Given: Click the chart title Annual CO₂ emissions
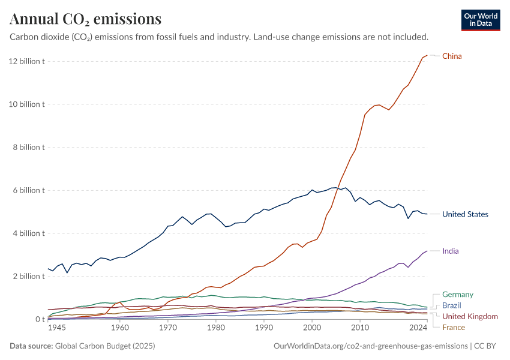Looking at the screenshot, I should pyautogui.click(x=85, y=19).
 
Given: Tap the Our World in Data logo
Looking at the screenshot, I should pyautogui.click(x=480, y=20).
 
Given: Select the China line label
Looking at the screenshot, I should pyautogui.click(x=452, y=56).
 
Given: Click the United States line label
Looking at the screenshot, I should pyautogui.click(x=465, y=214).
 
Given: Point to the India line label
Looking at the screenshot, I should pyautogui.click(x=450, y=251).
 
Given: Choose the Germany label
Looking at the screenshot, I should pyautogui.click(x=457, y=295).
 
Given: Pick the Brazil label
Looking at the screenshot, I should pyautogui.click(x=452, y=305).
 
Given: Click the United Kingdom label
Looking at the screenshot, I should pyautogui.click(x=470, y=316).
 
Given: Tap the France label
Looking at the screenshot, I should pyautogui.click(x=454, y=327).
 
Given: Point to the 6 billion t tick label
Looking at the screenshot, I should pyautogui.click(x=28, y=190).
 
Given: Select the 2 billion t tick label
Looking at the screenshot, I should pyautogui.click(x=28, y=276).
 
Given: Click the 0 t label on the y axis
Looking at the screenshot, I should pyautogui.click(x=39, y=319).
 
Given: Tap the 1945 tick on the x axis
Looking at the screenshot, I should pyautogui.click(x=57, y=328).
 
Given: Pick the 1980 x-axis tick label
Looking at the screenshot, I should pyautogui.click(x=216, y=328).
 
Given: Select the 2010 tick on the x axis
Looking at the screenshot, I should pyautogui.click(x=360, y=328).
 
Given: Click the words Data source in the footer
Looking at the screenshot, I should pyautogui.click(x=31, y=346).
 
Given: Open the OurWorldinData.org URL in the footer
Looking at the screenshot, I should pyautogui.click(x=370, y=346).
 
